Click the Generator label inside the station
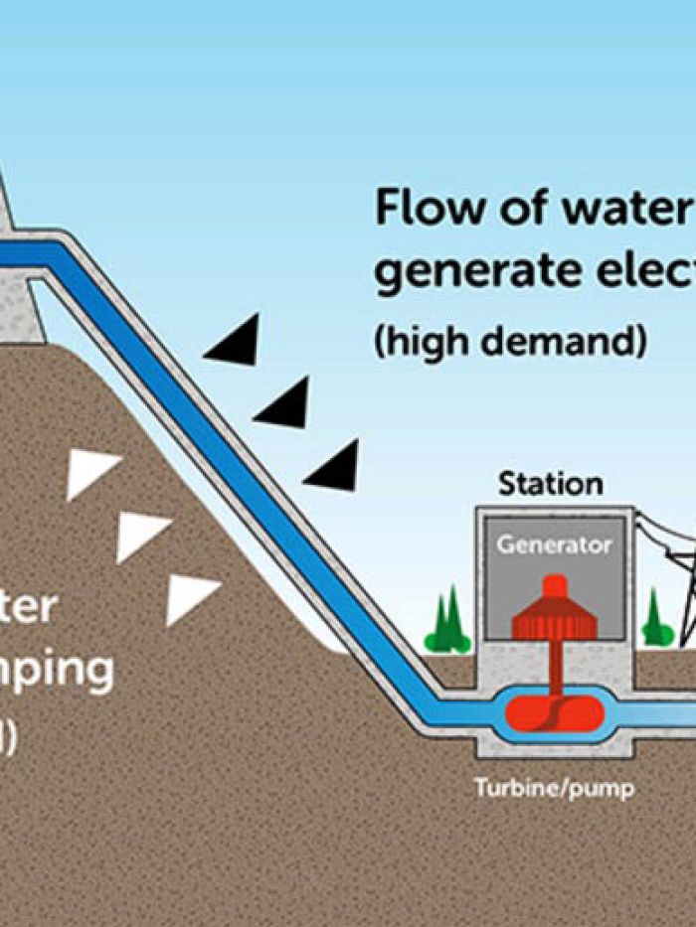coord(554,544)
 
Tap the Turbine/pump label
coord(554,790)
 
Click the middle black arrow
coord(285,403)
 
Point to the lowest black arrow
coord(335,466)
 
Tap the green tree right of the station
coord(655,620)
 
